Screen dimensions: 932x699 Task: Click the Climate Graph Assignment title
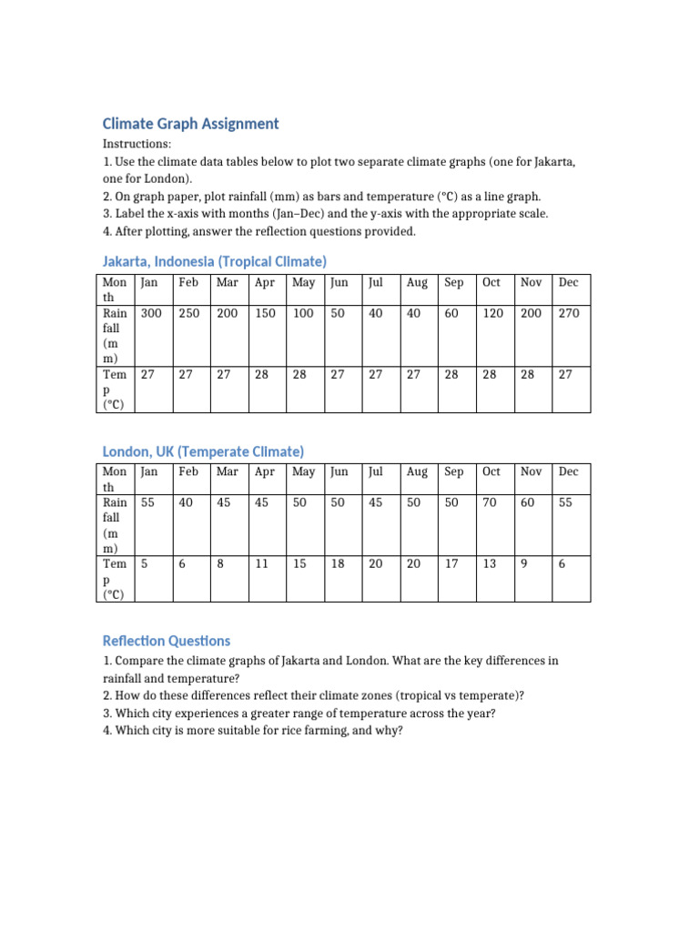(190, 124)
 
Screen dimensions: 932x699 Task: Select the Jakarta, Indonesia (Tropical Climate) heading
(214, 261)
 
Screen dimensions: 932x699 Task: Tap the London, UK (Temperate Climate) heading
(203, 451)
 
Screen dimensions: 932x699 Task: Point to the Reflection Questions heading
(167, 641)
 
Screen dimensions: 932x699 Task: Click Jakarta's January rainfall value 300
(151, 313)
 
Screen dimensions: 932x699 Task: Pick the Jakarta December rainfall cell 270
(569, 313)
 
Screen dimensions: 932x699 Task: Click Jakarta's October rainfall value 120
(492, 313)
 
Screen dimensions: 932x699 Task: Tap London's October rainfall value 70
(490, 502)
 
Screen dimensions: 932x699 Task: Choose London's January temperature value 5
(145, 564)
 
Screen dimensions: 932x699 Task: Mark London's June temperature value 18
(338, 564)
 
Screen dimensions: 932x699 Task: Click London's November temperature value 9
(524, 564)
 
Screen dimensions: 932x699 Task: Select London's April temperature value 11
(262, 564)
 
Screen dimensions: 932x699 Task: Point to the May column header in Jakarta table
(303, 283)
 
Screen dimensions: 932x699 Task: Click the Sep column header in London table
(453, 471)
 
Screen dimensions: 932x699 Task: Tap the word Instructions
(136, 145)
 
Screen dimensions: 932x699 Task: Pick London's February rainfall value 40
(186, 502)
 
